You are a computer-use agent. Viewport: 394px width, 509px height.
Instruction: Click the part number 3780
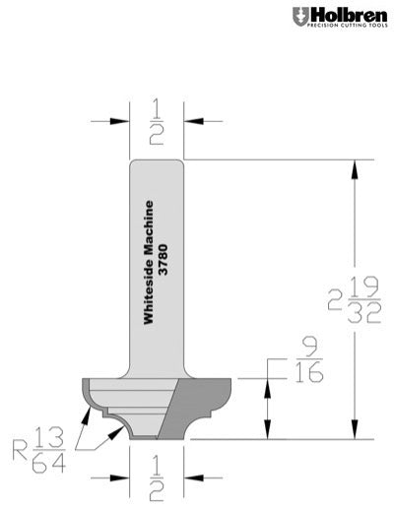pos(164,261)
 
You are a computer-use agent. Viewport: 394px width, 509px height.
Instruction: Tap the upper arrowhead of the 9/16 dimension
pos(263,383)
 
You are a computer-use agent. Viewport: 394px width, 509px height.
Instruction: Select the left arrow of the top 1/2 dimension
pos(122,121)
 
